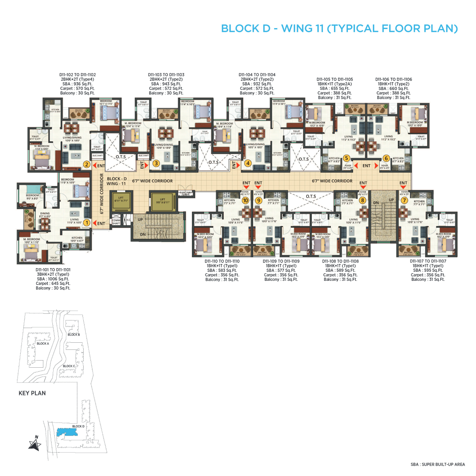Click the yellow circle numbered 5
pos(346,158)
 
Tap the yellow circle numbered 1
pos(86,223)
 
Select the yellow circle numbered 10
pos(246,200)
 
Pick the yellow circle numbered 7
pos(404,200)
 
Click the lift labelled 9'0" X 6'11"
pos(162,201)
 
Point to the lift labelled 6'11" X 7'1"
pos(121,201)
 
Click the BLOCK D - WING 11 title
pos(339,29)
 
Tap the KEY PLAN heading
pos(32,393)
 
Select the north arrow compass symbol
pos(35,444)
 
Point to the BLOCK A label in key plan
pos(42,344)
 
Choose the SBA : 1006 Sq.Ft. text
pos(53,279)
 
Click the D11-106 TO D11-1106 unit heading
pos(393,79)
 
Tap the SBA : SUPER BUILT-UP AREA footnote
pos(438,464)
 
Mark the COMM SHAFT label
pos(116,222)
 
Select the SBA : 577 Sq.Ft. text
pos(281,271)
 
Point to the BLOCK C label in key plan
pos(69,366)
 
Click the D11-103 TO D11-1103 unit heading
pos(166,75)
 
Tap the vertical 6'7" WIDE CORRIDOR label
pos(102,194)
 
